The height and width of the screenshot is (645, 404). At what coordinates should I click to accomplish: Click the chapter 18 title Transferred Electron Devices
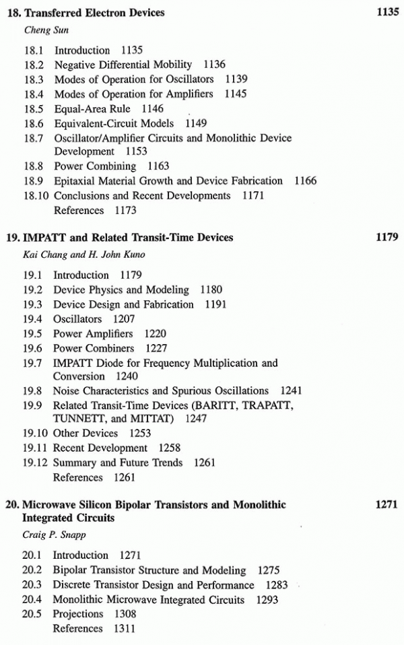pyautogui.click(x=94, y=12)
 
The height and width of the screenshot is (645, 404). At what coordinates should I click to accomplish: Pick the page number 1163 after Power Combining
pyautogui.click(x=160, y=166)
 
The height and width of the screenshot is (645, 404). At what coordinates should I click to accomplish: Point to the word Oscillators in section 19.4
pyautogui.click(x=77, y=318)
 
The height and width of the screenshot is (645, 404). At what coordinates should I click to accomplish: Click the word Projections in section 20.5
pyautogui.click(x=78, y=613)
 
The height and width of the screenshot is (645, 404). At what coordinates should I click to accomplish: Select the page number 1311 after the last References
pyautogui.click(x=124, y=628)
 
